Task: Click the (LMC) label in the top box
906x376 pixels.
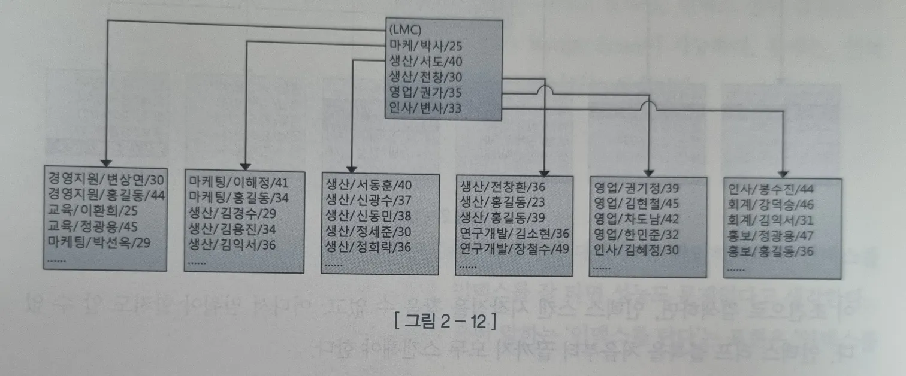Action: (x=404, y=30)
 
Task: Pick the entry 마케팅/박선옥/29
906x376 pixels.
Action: (x=99, y=244)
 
